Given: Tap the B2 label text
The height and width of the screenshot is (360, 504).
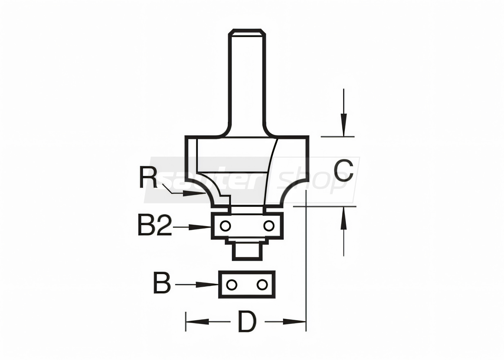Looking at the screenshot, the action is (155, 225).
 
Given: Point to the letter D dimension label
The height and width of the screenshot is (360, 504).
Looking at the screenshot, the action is (247, 322).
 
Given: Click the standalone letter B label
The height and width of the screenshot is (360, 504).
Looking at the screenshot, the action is (162, 283).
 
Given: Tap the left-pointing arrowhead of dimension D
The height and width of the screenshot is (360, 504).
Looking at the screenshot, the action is (197, 322).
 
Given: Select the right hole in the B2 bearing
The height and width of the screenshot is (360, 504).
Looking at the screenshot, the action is (269, 226).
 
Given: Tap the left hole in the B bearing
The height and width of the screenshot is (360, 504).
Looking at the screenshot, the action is (232, 285).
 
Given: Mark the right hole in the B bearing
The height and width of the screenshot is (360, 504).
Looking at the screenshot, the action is (261, 285).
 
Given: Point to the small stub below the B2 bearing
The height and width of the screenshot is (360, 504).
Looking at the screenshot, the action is (247, 251).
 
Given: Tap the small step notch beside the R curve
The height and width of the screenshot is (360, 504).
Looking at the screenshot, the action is (225, 199).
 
